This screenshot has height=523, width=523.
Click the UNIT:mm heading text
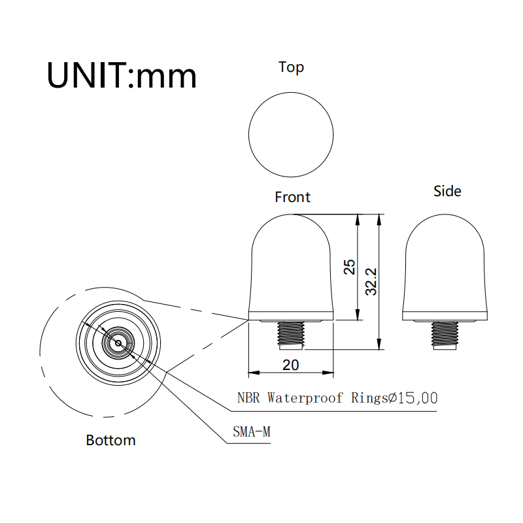(x=122, y=76)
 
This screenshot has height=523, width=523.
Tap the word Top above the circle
(x=291, y=67)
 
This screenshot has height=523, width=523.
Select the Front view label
(x=292, y=197)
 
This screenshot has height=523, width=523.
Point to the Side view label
(x=447, y=191)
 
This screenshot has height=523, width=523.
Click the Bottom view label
(x=111, y=440)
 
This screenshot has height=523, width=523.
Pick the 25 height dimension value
(x=350, y=267)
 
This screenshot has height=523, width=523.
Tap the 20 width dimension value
(x=291, y=365)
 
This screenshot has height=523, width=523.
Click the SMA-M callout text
(x=252, y=431)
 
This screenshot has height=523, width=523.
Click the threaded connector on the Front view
(x=292, y=333)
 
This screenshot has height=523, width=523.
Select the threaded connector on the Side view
(x=445, y=333)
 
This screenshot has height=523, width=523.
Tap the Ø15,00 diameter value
(x=413, y=397)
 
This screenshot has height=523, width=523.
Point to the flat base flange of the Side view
(x=445, y=316)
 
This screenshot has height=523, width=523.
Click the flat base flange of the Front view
(x=292, y=316)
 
